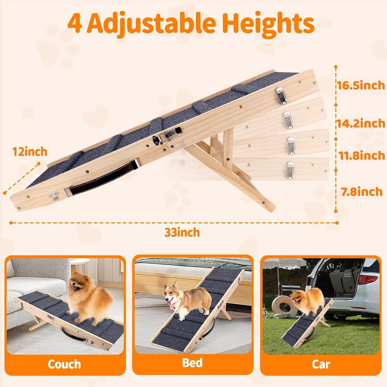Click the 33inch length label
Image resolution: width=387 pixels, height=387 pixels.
point(182,232)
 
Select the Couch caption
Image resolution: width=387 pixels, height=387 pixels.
point(64,364)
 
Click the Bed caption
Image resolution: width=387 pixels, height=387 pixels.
point(192,362)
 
